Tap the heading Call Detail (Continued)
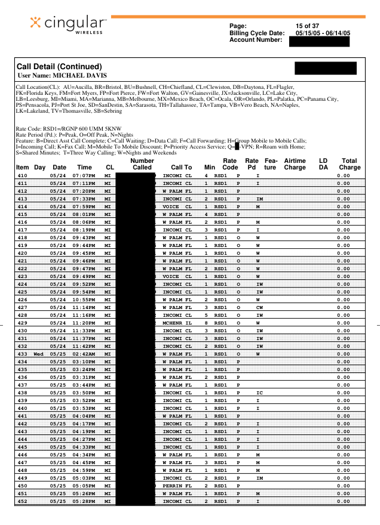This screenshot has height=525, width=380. (x=59, y=66)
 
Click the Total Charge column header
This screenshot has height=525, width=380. (x=350, y=164)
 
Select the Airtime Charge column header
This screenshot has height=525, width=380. (x=295, y=164)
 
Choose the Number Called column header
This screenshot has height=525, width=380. (x=142, y=164)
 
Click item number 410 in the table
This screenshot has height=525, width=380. (x=23, y=176)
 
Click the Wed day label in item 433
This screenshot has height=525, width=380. (x=38, y=354)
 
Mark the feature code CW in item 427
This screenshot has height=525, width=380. (x=259, y=307)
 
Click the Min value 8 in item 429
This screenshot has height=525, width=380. (x=206, y=323)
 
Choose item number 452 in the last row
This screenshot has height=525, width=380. (x=23, y=501)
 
